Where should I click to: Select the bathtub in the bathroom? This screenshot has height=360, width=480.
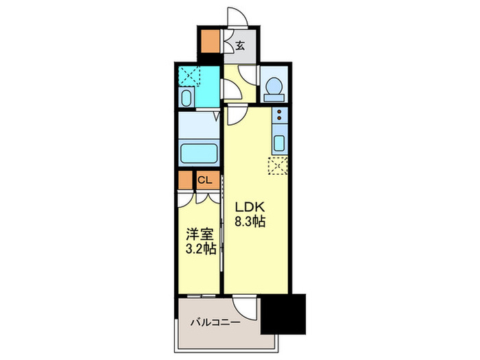click(x=198, y=150)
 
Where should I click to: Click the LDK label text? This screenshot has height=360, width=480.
click(x=250, y=206)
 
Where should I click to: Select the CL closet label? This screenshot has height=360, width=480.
click(x=205, y=180)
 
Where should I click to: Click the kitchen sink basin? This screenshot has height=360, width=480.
click(x=280, y=143)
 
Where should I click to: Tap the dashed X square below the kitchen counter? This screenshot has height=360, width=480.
click(x=278, y=165)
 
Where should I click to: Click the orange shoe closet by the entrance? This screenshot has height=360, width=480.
click(x=212, y=43)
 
